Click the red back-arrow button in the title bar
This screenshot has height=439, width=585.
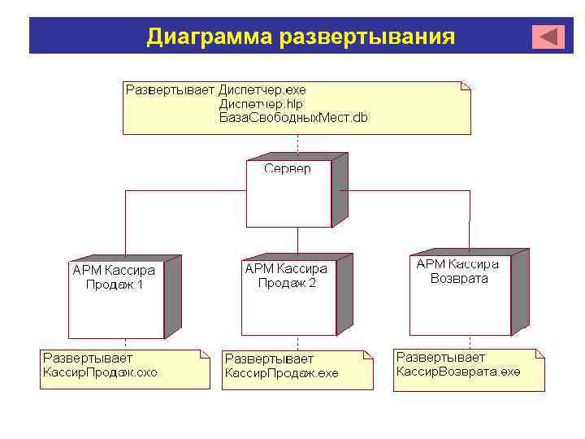click(x=548, y=37)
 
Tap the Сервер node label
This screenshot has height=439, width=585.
click(x=287, y=168)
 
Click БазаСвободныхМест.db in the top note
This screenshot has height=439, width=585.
click(x=292, y=117)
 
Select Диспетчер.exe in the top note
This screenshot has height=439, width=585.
click(x=262, y=89)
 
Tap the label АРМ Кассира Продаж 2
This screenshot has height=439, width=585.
click(x=286, y=276)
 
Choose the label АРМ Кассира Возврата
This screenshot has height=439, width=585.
click(x=458, y=272)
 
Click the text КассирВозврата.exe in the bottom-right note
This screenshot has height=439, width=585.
click(x=458, y=372)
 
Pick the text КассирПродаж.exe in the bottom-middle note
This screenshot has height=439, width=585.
click(x=281, y=373)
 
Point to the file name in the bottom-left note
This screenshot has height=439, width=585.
click(x=100, y=372)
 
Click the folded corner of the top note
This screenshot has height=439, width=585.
click(x=465, y=85)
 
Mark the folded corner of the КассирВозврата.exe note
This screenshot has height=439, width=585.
click(x=539, y=354)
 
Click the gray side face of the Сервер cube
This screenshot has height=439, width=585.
click(x=340, y=190)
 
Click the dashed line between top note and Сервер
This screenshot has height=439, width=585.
click(x=297, y=145)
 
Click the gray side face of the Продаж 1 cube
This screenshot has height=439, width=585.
click(x=172, y=297)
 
